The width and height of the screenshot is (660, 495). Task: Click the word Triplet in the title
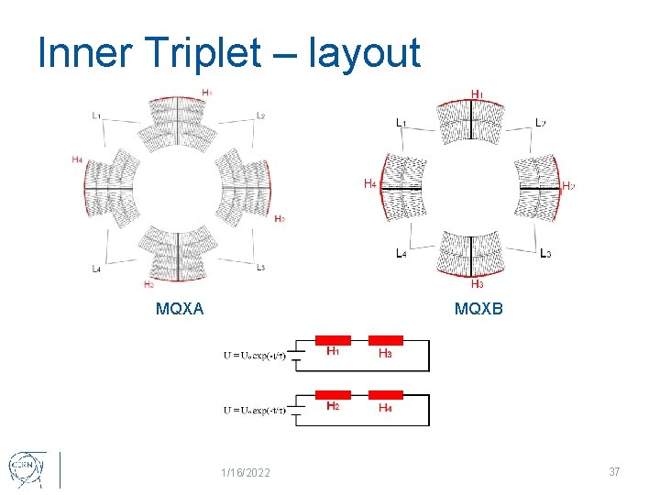pos(195,52)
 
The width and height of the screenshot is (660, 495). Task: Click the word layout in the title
pos(365,52)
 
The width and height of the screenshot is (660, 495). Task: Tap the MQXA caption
pos(180,309)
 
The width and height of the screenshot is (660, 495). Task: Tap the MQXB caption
pos(478,309)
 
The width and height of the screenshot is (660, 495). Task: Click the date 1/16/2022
pos(246,472)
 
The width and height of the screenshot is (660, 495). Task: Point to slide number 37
pos(614,471)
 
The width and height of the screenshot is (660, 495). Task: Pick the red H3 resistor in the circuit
pos(385,340)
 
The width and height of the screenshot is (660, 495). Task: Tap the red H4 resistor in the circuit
pos(385,395)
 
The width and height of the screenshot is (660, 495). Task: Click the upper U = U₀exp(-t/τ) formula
pos(255,355)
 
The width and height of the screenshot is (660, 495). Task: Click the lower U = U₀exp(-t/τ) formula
pos(255,410)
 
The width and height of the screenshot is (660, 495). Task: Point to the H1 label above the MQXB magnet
pos(477,94)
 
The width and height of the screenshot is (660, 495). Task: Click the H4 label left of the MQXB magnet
pos(368,184)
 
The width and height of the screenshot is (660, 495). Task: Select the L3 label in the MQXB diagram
pos(545,253)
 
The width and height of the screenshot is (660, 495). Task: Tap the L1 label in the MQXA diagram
pos(97,115)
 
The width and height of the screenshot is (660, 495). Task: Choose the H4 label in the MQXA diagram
pos(77,159)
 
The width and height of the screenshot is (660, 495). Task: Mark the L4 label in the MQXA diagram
pos(96,269)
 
